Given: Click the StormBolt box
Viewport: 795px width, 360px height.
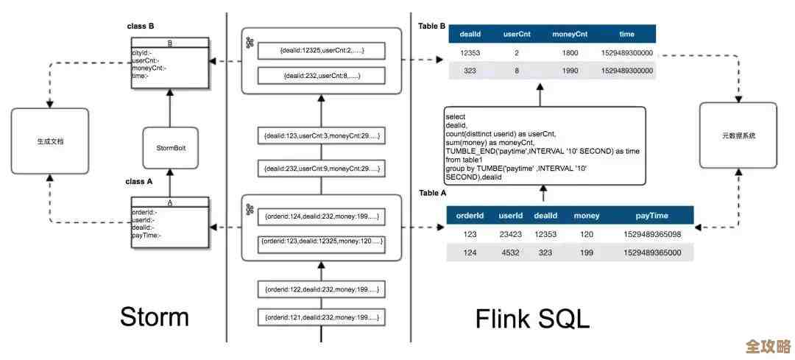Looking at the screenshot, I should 170,148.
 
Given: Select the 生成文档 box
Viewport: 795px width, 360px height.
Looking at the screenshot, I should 50,140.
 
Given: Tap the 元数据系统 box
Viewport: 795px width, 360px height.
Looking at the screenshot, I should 738,136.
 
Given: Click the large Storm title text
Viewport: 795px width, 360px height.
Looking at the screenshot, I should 155,317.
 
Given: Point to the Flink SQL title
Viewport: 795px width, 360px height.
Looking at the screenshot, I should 532,319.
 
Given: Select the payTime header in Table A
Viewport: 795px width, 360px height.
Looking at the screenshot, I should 651,216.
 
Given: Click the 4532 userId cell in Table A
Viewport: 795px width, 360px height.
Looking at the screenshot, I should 510,253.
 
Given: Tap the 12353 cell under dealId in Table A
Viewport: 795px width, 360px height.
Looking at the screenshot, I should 545,234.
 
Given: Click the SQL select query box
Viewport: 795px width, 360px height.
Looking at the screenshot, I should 544,145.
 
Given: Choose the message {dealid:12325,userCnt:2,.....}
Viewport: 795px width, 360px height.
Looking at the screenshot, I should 322,51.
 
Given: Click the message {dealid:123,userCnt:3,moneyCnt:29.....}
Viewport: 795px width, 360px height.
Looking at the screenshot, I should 322,137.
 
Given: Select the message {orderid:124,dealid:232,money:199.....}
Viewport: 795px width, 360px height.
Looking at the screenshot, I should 322,216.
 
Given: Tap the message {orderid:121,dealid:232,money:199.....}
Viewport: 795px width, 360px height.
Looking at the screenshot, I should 322,317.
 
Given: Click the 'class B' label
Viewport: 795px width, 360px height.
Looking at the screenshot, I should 141,27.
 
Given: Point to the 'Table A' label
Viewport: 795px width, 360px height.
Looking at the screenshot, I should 433,193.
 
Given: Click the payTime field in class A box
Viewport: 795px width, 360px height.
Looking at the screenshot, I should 146,236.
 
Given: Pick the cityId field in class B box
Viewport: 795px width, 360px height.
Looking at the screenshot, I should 141,53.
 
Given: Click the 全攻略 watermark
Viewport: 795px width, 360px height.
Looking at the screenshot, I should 768,347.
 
